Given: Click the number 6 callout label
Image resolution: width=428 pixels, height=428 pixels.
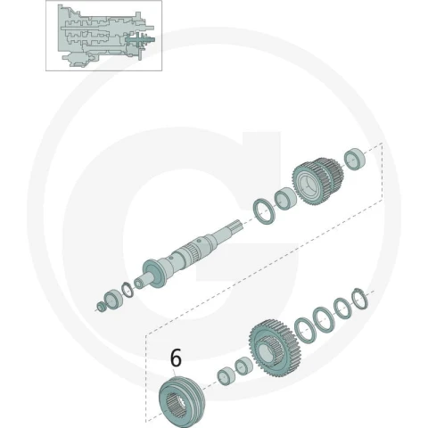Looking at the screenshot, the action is point(176,358).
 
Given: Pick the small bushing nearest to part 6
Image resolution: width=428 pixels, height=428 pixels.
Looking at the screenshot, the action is point(226,376).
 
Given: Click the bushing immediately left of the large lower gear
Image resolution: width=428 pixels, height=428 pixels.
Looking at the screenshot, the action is point(243,366).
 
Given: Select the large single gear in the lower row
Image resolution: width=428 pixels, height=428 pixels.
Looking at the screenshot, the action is point(275,348).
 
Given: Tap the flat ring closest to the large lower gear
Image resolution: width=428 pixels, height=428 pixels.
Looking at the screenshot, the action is point(305,330).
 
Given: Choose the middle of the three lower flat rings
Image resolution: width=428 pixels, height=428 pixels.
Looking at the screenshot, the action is point(324,319).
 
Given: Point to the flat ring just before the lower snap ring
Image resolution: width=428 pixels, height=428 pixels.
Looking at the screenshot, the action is point(342,309).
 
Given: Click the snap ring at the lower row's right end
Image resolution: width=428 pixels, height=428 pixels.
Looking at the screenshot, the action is point(359,299).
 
